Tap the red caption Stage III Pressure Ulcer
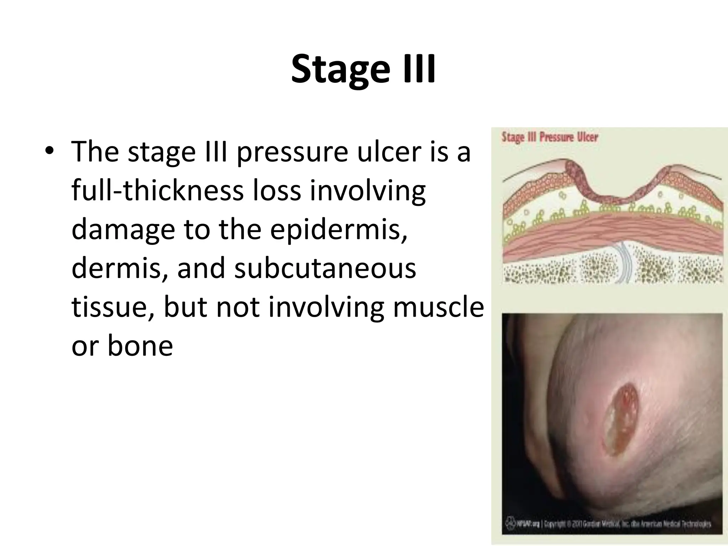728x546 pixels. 550,137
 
